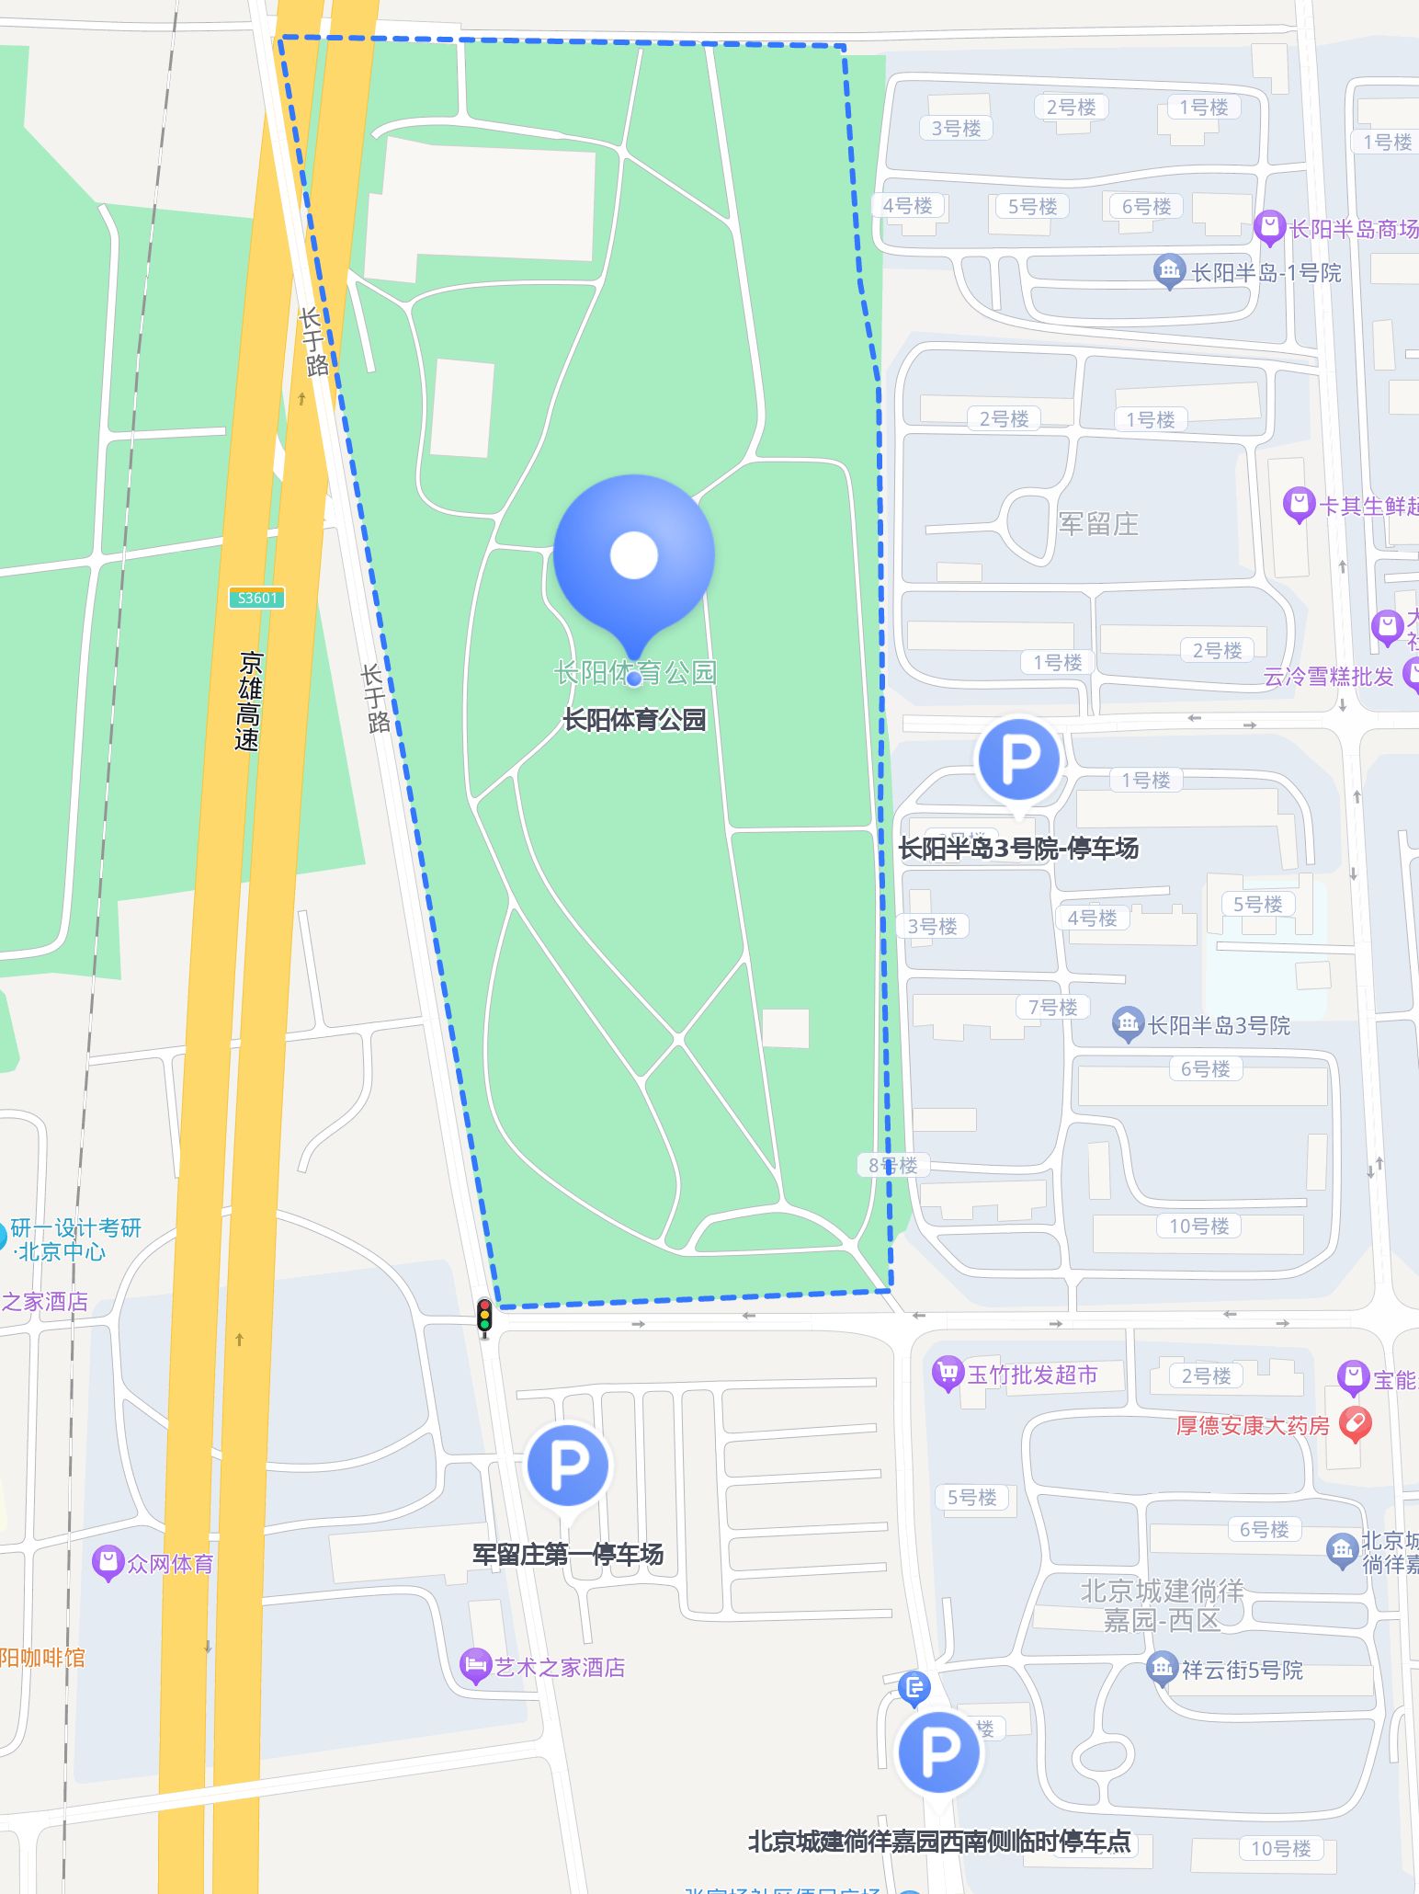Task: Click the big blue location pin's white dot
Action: pyautogui.click(x=634, y=555)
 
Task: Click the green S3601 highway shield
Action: pyautogui.click(x=256, y=598)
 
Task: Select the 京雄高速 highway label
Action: pyautogui.click(x=248, y=701)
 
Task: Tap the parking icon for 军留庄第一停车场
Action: pyautogui.click(x=567, y=1466)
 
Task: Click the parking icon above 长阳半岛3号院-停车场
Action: pyautogui.click(x=1018, y=759)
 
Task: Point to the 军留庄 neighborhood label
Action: pyautogui.click(x=1098, y=524)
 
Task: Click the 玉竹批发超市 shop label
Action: pyautogui.click(x=1032, y=1375)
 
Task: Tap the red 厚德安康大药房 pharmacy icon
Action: pyautogui.click(x=1356, y=1424)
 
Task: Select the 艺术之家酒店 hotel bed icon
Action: pyautogui.click(x=475, y=1665)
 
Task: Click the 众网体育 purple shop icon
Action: pyautogui.click(x=108, y=1562)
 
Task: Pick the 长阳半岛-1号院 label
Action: pyautogui.click(x=1266, y=272)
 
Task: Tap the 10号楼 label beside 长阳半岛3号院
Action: pyautogui.click(x=1198, y=1226)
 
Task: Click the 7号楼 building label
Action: pyautogui.click(x=1052, y=1007)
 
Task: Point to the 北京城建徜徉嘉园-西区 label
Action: pyautogui.click(x=1162, y=1604)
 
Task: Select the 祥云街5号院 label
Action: pyautogui.click(x=1242, y=1670)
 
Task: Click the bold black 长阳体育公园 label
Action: pyautogui.click(x=634, y=719)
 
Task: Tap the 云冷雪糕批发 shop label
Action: pyautogui.click(x=1328, y=677)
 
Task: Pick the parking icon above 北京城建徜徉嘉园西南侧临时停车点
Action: pyautogui.click(x=938, y=1752)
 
